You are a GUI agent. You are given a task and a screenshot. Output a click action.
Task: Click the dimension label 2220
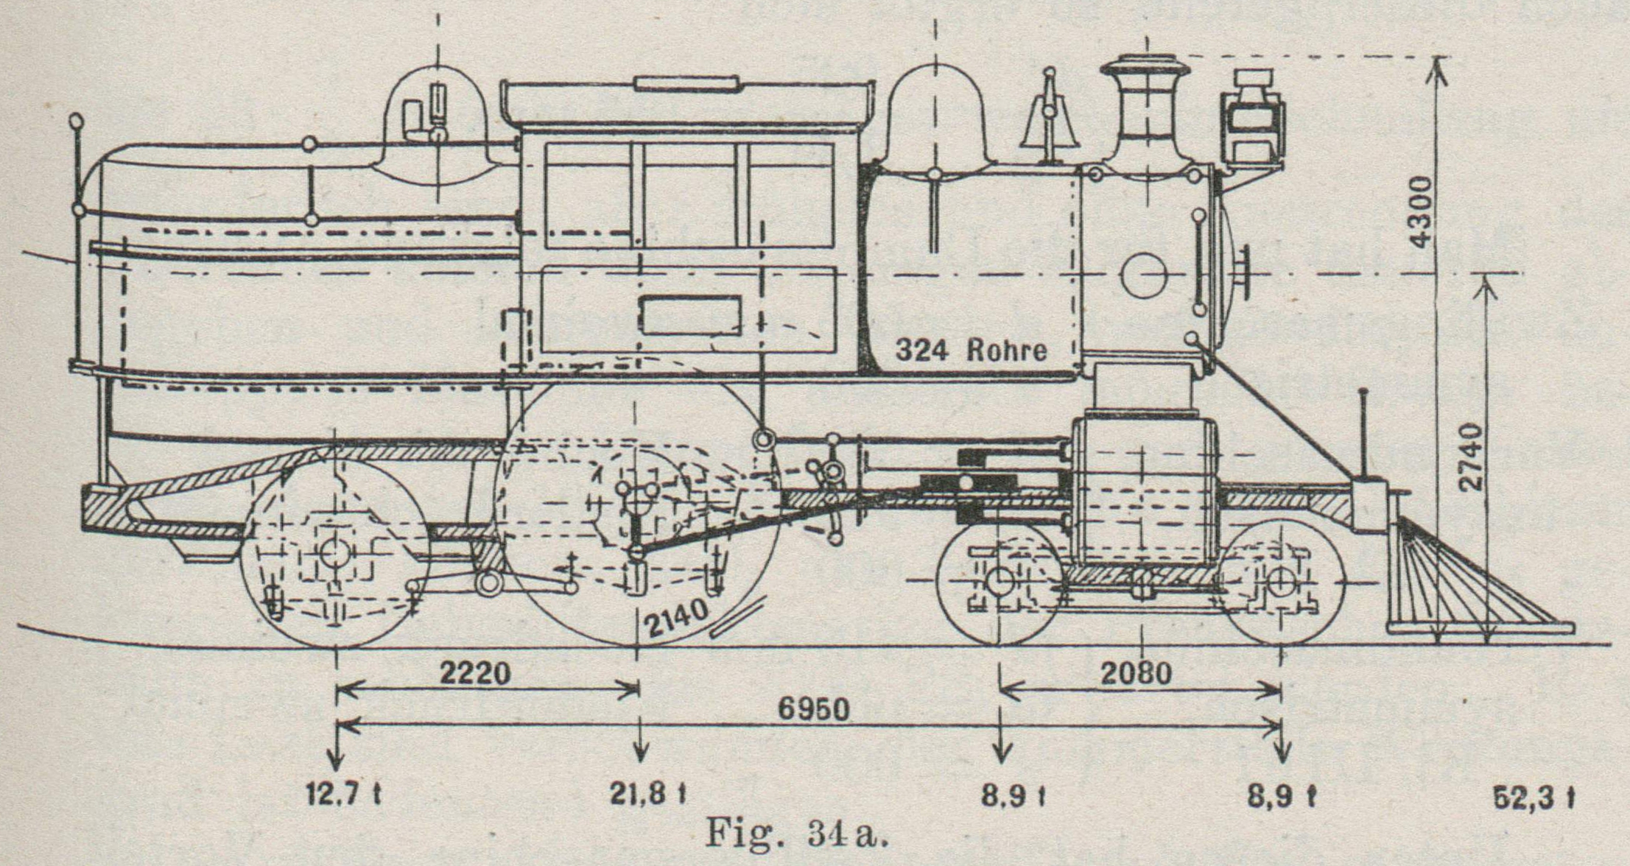pos(475,673)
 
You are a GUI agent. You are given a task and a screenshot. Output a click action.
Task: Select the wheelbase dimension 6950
pos(813,710)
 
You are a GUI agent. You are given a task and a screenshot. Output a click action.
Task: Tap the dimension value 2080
pos(1136,673)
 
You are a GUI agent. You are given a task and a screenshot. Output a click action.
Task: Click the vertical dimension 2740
pos(1470,457)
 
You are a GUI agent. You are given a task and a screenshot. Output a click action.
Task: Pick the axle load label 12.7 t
pos(343,795)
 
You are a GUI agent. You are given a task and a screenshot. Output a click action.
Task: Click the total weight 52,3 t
pos(1534,798)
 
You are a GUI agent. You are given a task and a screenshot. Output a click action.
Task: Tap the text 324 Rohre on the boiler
pos(971,350)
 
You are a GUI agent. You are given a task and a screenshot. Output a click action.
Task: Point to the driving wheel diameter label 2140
pos(676,616)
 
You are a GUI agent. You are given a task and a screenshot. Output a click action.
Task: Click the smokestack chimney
pos(1145,110)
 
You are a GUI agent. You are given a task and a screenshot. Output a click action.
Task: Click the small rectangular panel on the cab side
pos(690,315)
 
